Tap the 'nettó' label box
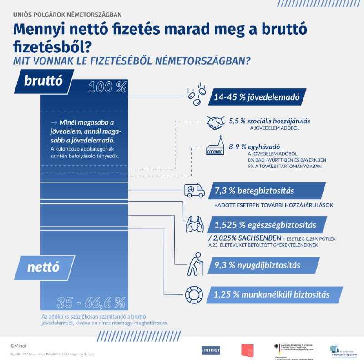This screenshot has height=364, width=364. click(43, 267)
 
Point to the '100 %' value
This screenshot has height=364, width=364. click(107, 88)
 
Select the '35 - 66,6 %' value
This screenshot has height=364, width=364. click(91, 302)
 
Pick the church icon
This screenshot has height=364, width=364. click(216, 148)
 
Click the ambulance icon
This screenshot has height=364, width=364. click(194, 190)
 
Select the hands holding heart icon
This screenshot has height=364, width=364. click(194, 224)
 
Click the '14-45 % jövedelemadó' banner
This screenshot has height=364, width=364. click(257, 96)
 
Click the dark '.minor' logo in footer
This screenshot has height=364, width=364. click(210, 350)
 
